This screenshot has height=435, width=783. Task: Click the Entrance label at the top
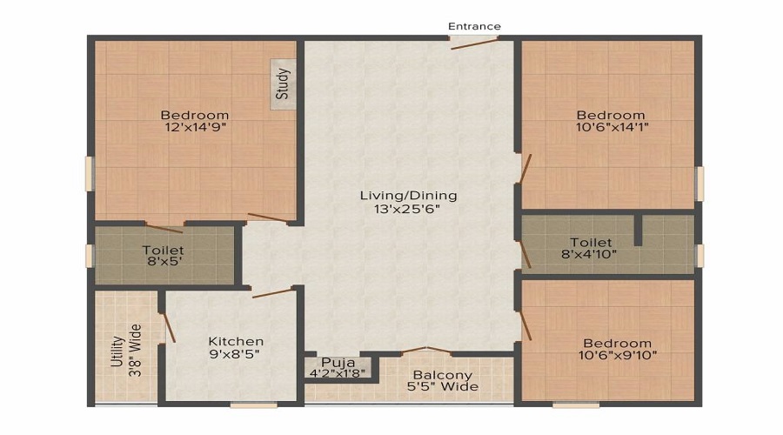[x=474, y=26]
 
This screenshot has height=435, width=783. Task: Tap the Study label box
[x=282, y=84]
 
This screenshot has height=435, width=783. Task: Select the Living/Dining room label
[x=408, y=195]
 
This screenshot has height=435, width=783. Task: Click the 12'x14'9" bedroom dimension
[x=195, y=128]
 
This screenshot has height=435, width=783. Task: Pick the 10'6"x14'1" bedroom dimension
[x=612, y=128]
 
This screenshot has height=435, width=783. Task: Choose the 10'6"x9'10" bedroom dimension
[x=618, y=355]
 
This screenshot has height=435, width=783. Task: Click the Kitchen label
[x=236, y=341]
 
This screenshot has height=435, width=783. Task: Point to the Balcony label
[x=443, y=375]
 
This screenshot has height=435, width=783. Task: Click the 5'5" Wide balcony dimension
[x=443, y=387]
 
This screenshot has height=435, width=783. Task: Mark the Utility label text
[x=117, y=351]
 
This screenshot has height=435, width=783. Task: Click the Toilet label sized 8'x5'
[x=163, y=251]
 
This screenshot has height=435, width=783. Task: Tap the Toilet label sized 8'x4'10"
[x=591, y=242]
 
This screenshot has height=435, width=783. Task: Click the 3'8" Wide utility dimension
[x=136, y=351]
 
